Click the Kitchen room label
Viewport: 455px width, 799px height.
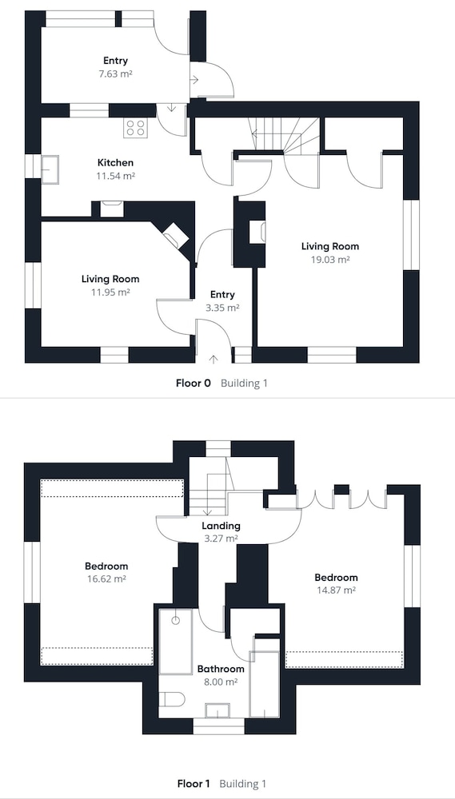click(x=115, y=163)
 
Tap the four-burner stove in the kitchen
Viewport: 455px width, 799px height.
click(x=136, y=127)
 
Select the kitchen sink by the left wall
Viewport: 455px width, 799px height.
click(x=50, y=169)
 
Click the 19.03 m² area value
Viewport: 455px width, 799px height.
click(x=329, y=260)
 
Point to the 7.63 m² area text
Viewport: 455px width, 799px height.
click(x=115, y=74)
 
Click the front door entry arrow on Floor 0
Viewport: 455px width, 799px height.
click(x=214, y=359)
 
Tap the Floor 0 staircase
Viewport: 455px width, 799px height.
click(x=284, y=135)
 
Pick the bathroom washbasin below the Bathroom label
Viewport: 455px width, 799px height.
click(x=218, y=710)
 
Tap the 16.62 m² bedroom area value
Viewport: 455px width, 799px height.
click(x=106, y=578)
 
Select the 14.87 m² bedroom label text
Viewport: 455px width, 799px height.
click(x=336, y=590)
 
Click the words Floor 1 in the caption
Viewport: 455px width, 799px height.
click(x=194, y=784)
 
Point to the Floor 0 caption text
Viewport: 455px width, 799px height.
click(x=193, y=384)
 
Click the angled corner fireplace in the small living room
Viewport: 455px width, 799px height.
click(x=175, y=235)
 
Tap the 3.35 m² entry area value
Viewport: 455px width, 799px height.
click(x=222, y=308)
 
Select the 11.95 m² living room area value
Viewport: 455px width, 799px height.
click(x=110, y=292)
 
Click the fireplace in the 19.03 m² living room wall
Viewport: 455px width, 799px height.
click(x=257, y=232)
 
